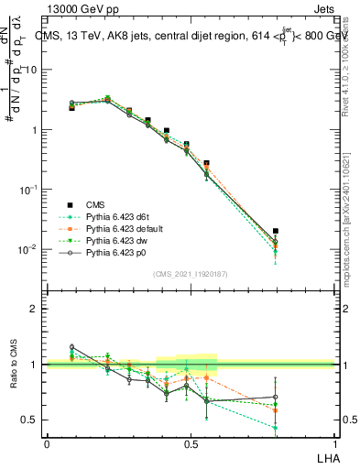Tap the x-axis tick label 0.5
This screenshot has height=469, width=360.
point(191,443)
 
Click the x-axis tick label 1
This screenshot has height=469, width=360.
point(334,443)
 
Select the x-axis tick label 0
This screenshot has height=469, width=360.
point(47,443)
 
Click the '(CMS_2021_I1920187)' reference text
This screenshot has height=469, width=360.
point(191,274)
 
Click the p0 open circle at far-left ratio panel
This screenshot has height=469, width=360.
point(72,347)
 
